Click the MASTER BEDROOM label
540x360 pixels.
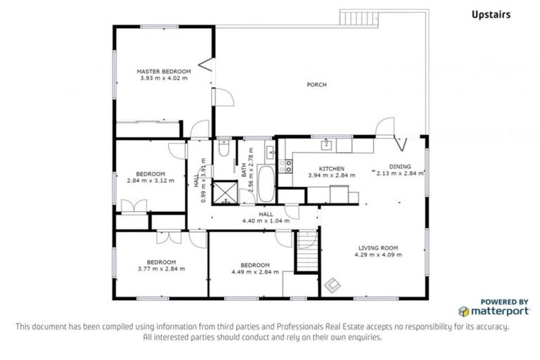[164, 71]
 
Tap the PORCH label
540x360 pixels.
[316, 85]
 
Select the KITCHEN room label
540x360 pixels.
[332, 169]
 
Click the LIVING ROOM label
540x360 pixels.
[378, 248]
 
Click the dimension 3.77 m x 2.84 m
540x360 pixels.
[161, 269]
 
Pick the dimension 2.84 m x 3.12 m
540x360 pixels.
[150, 181]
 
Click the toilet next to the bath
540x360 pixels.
[222, 149]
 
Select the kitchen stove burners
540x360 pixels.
[286, 166]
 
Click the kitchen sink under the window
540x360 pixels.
[326, 145]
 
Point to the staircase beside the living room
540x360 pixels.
[307, 253]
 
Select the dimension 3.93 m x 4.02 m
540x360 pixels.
[164, 78]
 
